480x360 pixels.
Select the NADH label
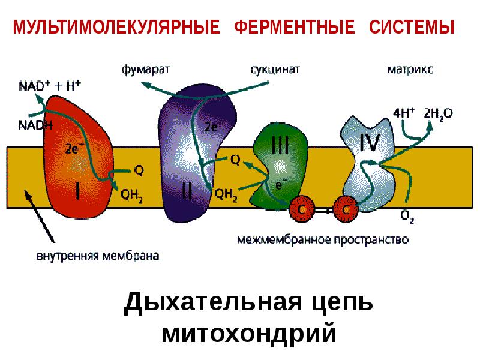[x=35, y=125]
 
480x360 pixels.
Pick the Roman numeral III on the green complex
[x=280, y=146]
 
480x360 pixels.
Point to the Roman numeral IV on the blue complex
[x=369, y=143]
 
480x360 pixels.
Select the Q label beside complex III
[x=235, y=160]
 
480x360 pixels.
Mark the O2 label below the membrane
[x=407, y=215]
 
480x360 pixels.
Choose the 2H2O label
[x=438, y=112]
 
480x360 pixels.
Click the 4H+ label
[x=401, y=112]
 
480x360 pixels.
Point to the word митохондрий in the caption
[x=248, y=334]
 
